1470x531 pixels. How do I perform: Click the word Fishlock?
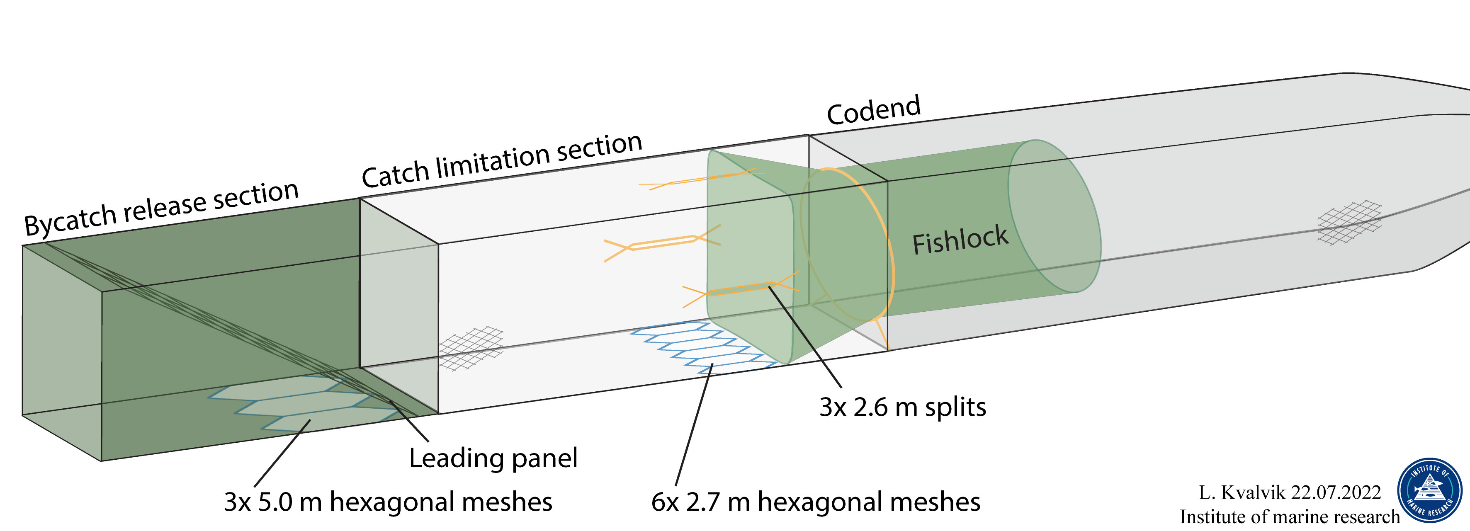[x=960, y=240]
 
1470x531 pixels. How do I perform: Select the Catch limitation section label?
[x=502, y=160]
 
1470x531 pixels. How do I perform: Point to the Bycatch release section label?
[x=161, y=208]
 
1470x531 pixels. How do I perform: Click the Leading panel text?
[x=493, y=458]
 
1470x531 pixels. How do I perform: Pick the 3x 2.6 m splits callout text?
[x=902, y=407]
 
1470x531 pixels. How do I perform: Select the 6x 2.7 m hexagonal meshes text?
[x=816, y=502]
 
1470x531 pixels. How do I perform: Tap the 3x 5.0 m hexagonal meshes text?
[x=388, y=502]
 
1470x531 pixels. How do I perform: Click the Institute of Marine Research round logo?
[x=1429, y=490]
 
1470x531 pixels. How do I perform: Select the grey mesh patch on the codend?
[x=1350, y=223]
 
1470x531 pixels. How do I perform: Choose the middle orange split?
[x=662, y=243]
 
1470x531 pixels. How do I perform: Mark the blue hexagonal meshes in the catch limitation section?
[x=702, y=345]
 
